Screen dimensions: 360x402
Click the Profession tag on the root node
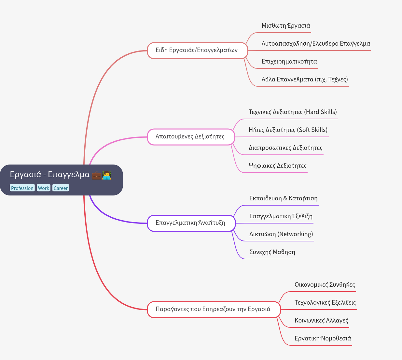click(x=22, y=188)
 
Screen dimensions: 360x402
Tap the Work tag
click(x=44, y=188)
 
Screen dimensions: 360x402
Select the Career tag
click(x=61, y=188)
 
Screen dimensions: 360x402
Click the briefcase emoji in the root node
click(x=96, y=175)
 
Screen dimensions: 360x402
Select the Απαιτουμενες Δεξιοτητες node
click(x=191, y=137)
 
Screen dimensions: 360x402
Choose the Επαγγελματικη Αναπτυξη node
click(x=191, y=223)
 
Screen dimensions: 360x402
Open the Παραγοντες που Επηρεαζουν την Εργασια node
click(x=214, y=310)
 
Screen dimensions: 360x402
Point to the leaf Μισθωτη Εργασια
click(x=286, y=26)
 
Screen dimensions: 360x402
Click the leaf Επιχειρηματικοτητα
click(x=289, y=62)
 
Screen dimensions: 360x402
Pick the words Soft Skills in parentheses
click(x=313, y=130)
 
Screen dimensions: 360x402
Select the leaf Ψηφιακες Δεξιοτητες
click(x=278, y=166)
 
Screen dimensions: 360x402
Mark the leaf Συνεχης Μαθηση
click(x=272, y=252)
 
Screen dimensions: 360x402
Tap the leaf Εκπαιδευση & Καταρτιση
click(x=283, y=198)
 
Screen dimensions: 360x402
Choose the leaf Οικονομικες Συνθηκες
click(x=325, y=285)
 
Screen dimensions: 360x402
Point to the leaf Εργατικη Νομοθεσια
click(x=323, y=338)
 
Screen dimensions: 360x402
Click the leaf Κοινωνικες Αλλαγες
click(x=321, y=321)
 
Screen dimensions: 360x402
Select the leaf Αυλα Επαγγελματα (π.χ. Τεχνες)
click(x=305, y=79)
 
